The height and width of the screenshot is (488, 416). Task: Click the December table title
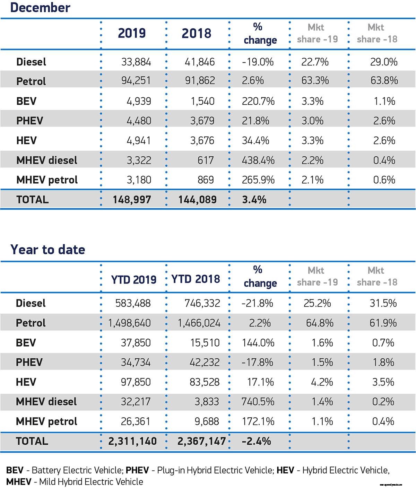[x=40, y=7]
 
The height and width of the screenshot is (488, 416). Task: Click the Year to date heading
[x=47, y=250]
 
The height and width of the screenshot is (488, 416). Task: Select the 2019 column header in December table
[x=132, y=33]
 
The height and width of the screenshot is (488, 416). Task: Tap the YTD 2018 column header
[x=196, y=279]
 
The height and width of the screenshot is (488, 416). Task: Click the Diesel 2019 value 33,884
[x=136, y=62]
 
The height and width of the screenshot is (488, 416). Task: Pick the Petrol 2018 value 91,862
[x=200, y=80]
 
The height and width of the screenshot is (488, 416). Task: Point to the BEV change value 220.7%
[x=258, y=101]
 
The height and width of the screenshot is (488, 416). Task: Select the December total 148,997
[x=132, y=200]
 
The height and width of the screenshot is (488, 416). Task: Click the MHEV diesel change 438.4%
[x=258, y=160]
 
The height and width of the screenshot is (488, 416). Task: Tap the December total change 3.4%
[x=254, y=200]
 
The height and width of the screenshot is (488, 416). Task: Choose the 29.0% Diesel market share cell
[x=384, y=62]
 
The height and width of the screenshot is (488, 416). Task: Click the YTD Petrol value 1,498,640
[x=130, y=323]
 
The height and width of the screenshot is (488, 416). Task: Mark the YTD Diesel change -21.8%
[x=257, y=303]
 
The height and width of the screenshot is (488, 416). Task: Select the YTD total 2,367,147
[x=201, y=441]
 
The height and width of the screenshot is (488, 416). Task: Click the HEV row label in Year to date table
[x=26, y=382]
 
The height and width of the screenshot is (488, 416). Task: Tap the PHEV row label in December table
[x=30, y=121]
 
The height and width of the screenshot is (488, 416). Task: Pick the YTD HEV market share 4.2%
[x=322, y=382]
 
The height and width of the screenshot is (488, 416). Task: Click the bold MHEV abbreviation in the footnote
[x=19, y=482]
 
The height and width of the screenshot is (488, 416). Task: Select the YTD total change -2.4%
[x=256, y=441]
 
